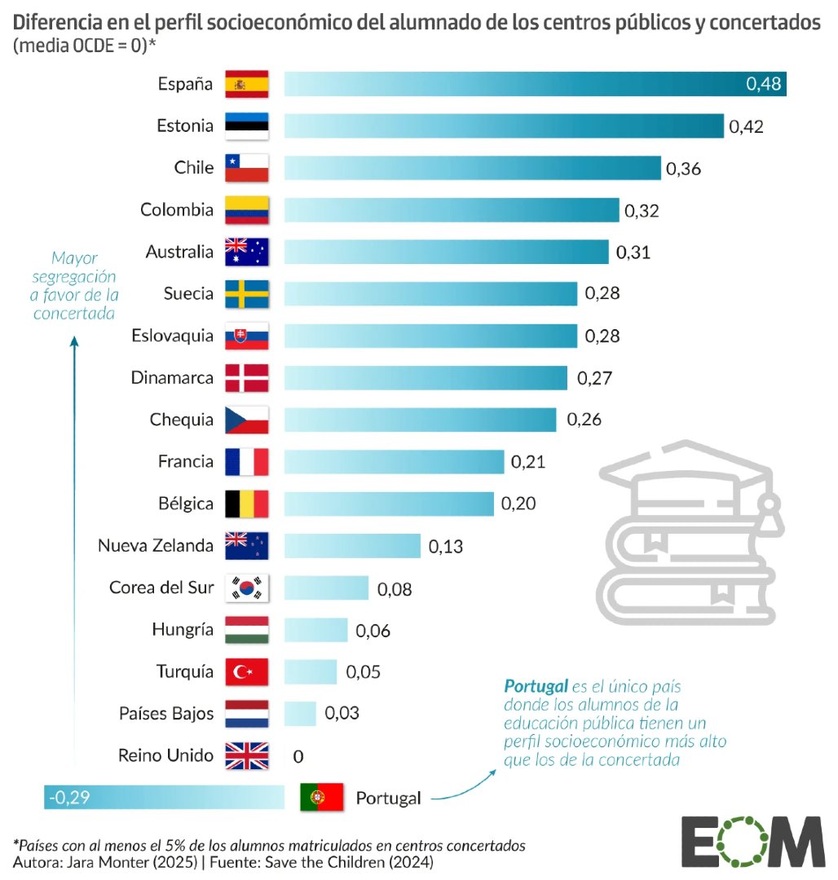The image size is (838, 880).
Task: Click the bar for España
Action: tap(534, 83)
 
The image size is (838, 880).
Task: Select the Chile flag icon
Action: tap(246, 168)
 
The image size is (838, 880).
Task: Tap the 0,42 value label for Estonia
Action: tap(746, 126)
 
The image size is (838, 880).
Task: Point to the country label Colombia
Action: tap(177, 210)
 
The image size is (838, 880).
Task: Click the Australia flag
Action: tap(246, 252)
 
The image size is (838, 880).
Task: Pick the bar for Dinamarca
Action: tap(426, 378)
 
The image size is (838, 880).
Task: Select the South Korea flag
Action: tap(246, 587)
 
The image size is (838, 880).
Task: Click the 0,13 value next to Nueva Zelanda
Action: tap(446, 547)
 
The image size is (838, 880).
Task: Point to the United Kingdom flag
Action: tap(246, 755)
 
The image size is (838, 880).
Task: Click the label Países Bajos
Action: tap(166, 714)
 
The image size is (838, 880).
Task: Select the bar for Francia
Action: tap(394, 462)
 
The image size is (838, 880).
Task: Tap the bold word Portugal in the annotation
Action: tap(534, 685)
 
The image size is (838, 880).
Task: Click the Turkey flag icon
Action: tap(246, 671)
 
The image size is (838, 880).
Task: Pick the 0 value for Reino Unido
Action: tap(298, 757)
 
